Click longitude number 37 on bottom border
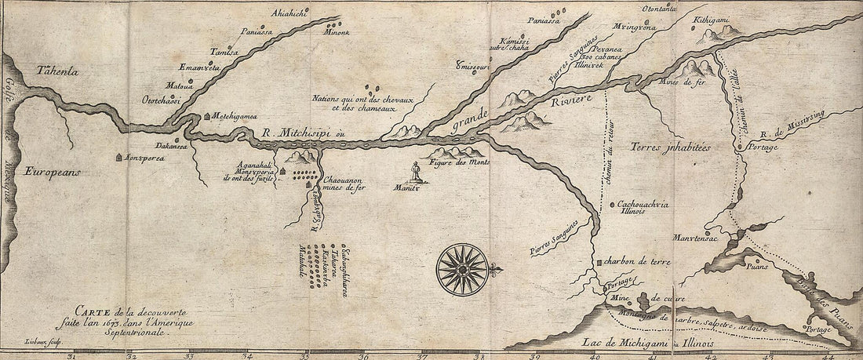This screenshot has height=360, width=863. (421, 355)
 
